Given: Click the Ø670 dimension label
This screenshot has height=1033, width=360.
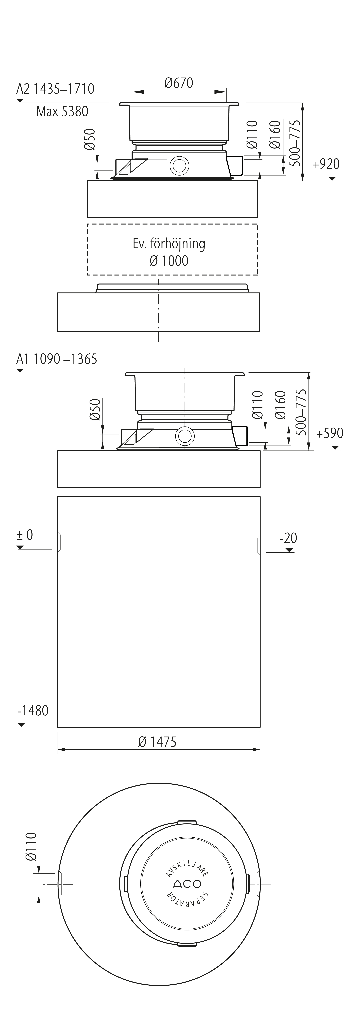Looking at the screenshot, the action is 179,83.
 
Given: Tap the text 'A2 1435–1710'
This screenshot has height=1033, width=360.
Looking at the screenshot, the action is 55,89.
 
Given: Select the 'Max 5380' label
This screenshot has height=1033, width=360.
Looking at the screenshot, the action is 62,111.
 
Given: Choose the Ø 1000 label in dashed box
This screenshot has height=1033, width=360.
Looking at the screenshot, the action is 169,261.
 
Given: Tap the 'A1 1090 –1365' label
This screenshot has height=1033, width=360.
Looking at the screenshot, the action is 57,358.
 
